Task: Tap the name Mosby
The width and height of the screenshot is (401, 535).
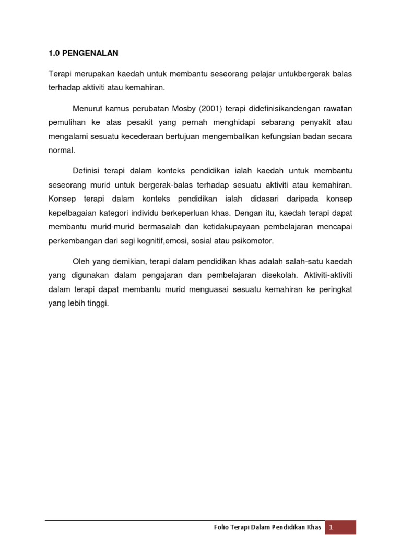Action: [180, 108]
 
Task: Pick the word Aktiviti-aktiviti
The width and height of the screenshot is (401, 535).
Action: [328, 275]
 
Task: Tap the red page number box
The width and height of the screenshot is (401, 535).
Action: [341, 527]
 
